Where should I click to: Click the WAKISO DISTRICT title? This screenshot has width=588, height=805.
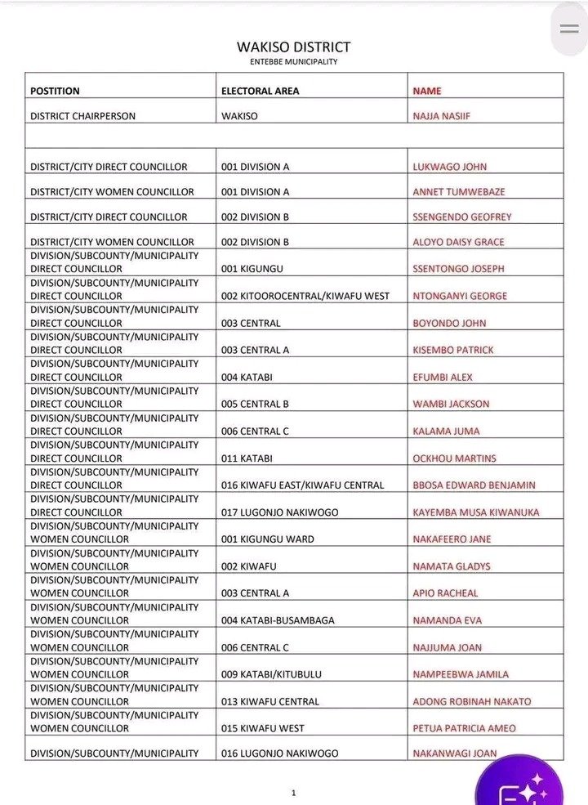point(293,47)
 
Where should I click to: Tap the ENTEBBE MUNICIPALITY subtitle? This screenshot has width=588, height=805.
point(293,61)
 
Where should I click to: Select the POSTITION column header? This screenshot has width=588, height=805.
point(55,91)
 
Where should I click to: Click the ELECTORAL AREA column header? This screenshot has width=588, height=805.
point(260,91)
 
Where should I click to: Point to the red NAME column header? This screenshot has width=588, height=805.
point(427,91)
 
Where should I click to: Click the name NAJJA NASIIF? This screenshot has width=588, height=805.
point(442,116)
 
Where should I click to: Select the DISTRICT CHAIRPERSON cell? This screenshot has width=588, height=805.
point(82,116)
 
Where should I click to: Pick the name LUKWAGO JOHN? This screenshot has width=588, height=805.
point(450,167)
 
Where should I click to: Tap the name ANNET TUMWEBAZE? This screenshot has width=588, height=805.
point(459,192)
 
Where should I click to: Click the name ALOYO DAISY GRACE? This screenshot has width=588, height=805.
point(459,242)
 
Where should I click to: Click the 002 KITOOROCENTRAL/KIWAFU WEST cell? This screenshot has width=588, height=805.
point(305,296)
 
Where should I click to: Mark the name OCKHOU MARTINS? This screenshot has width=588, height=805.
point(455,458)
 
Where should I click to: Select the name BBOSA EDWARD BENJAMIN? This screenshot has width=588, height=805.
point(474,485)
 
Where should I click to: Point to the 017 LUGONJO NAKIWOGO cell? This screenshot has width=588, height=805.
point(279,512)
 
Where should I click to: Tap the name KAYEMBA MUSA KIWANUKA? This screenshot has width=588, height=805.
point(476,512)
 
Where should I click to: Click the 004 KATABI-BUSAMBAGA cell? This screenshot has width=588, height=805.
point(278,620)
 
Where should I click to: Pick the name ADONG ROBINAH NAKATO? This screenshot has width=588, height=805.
point(472,701)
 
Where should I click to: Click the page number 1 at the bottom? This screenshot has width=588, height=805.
point(293,792)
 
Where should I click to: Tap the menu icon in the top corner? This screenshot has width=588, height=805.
point(569,29)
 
